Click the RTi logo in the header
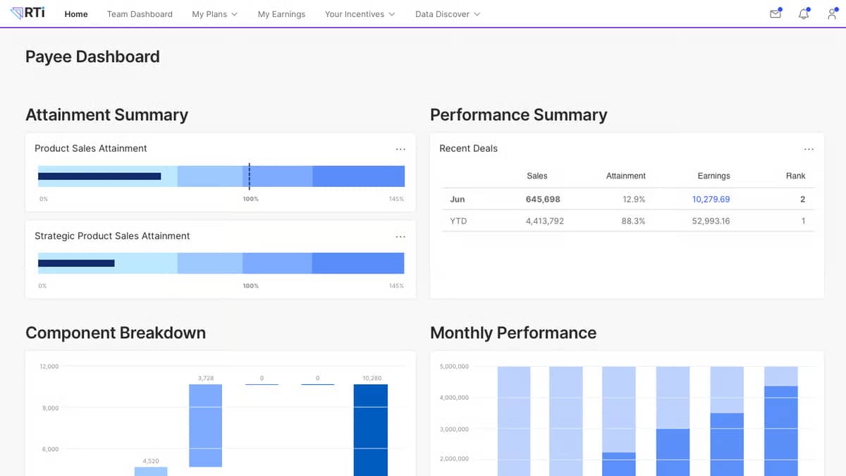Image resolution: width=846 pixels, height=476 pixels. pos(28,13)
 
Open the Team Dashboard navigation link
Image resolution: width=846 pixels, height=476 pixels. pos(140,14)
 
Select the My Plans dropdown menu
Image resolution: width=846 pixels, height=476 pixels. pos(214,14)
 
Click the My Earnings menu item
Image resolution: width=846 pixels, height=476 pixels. pos(281,14)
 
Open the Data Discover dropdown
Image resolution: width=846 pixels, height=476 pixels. pos(447,14)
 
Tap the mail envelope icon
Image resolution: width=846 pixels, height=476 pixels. pos(775,13)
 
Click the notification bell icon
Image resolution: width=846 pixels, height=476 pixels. pos(804,13)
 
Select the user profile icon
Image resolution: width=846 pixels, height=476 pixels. pos(832,13)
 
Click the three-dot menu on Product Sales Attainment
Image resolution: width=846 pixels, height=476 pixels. pos(400,149)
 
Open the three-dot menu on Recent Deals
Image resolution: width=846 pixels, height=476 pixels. pos(809,149)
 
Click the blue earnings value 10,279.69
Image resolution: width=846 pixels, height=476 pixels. pos(711,200)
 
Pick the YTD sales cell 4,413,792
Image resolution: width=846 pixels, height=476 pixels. pos(544,221)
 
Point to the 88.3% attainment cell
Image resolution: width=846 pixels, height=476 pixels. pos(633,221)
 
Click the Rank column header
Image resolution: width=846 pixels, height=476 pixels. pos(795,176)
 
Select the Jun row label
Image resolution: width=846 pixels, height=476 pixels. pos(457,200)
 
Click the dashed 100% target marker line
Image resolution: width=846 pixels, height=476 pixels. pos(249,176)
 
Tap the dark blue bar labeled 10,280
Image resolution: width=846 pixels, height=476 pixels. pos(371,430)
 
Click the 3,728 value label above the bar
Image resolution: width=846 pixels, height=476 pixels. pos(206,378)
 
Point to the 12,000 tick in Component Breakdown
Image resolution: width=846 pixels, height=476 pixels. pos(49,367)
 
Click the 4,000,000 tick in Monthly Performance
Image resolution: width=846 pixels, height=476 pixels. pos(454,398)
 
